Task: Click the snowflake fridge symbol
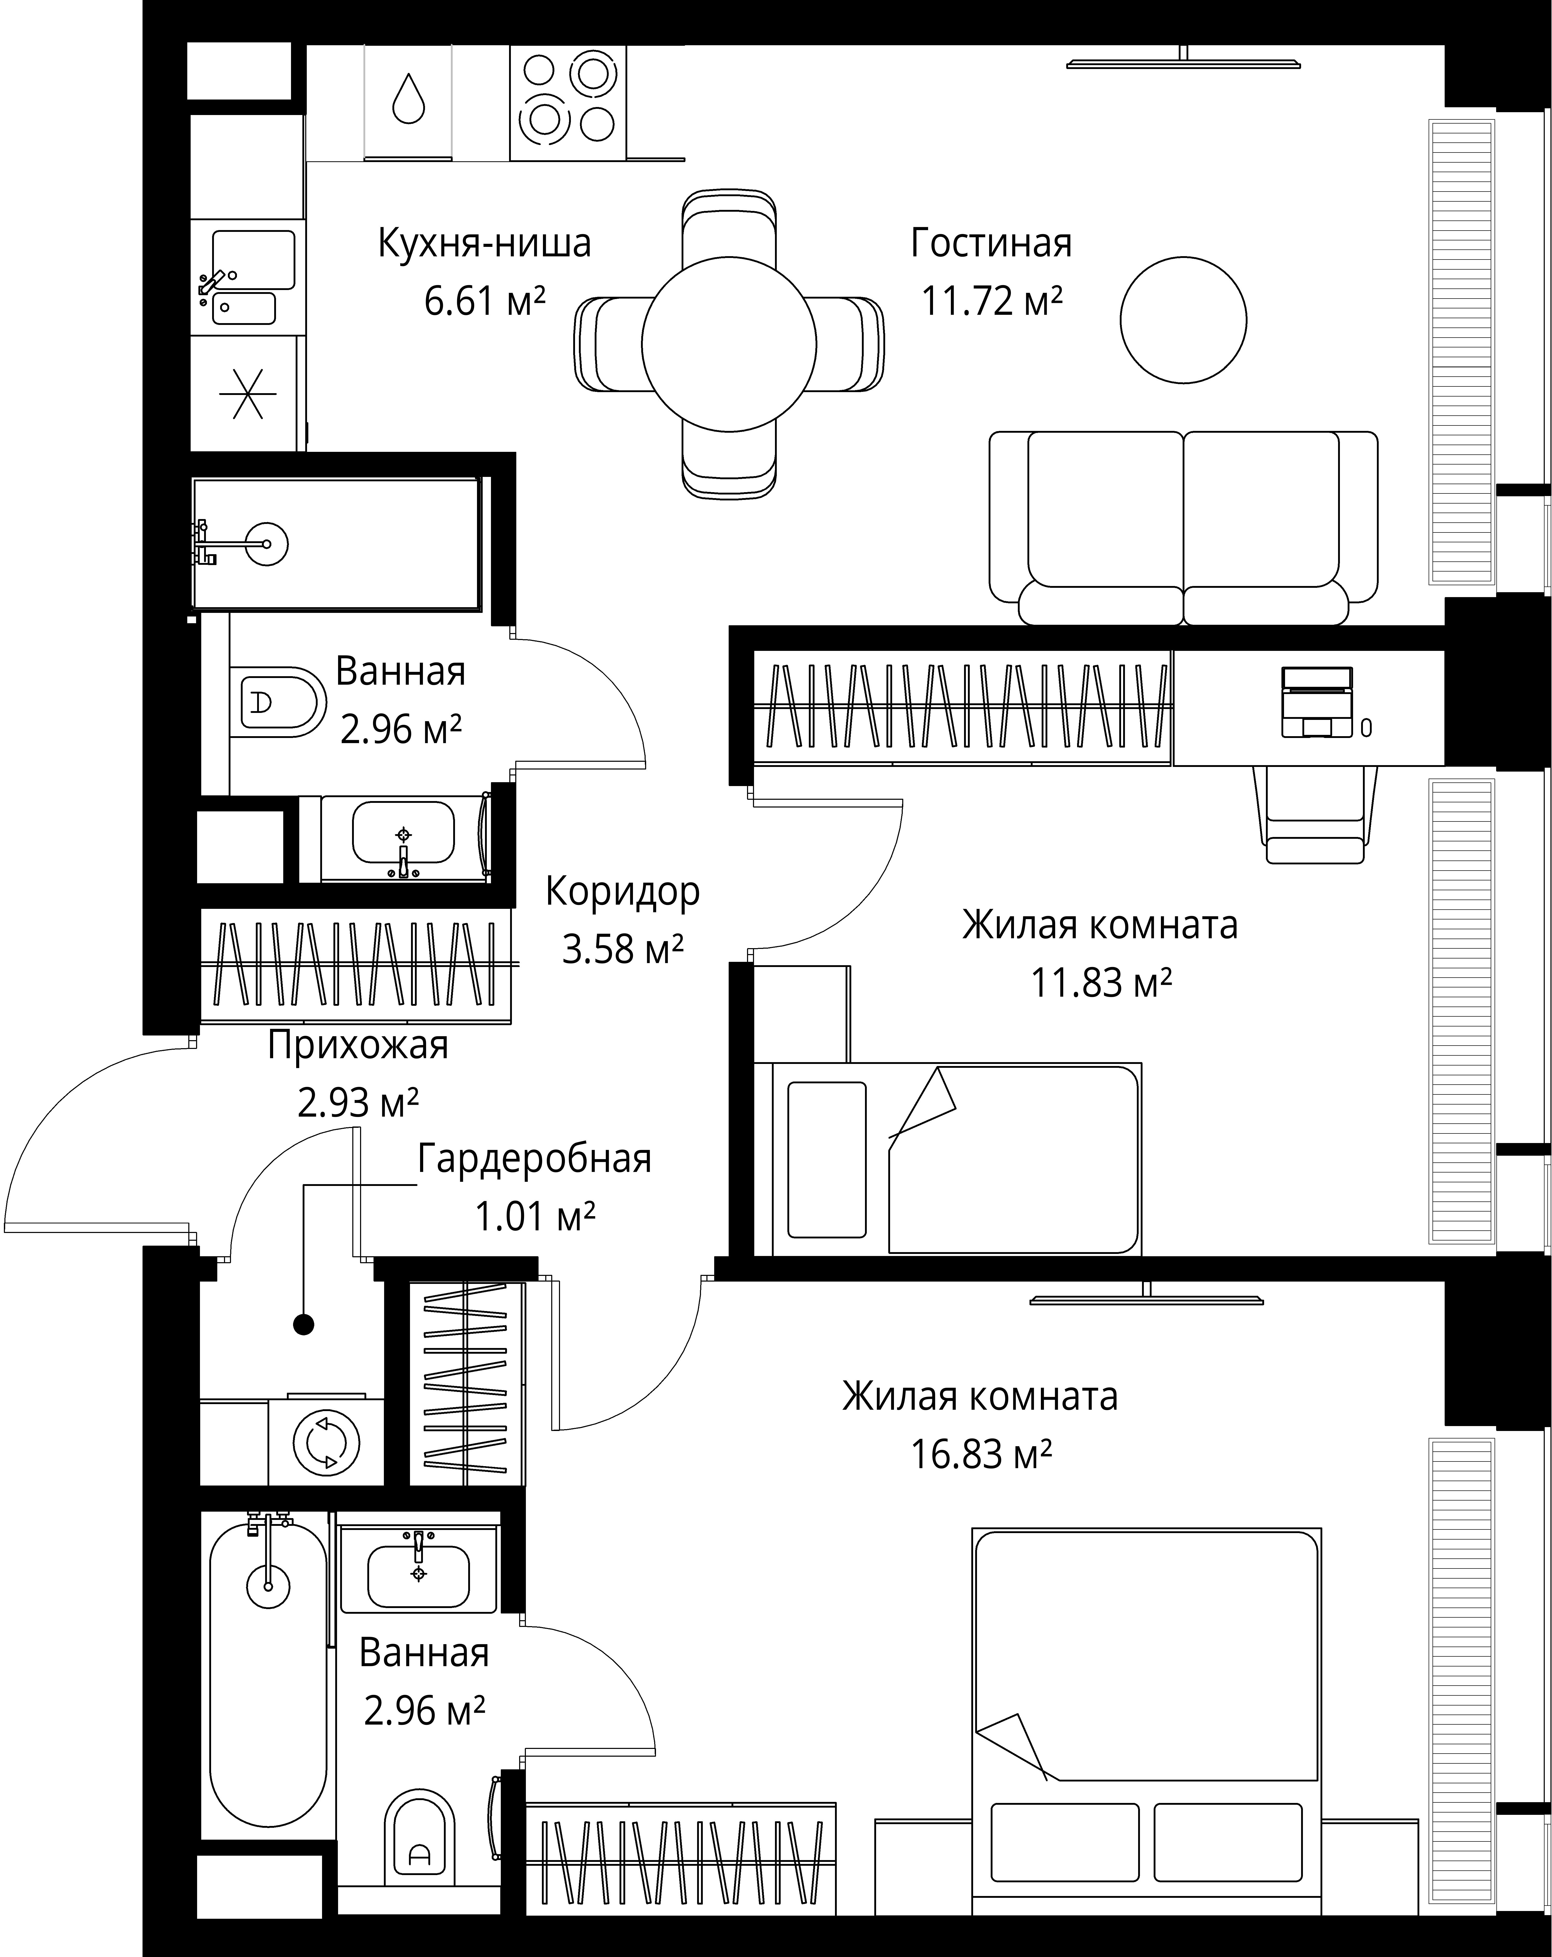point(247,393)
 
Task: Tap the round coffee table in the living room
point(1182,319)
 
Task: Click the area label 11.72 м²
point(992,300)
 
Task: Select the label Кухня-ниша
point(484,243)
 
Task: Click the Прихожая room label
point(358,1045)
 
